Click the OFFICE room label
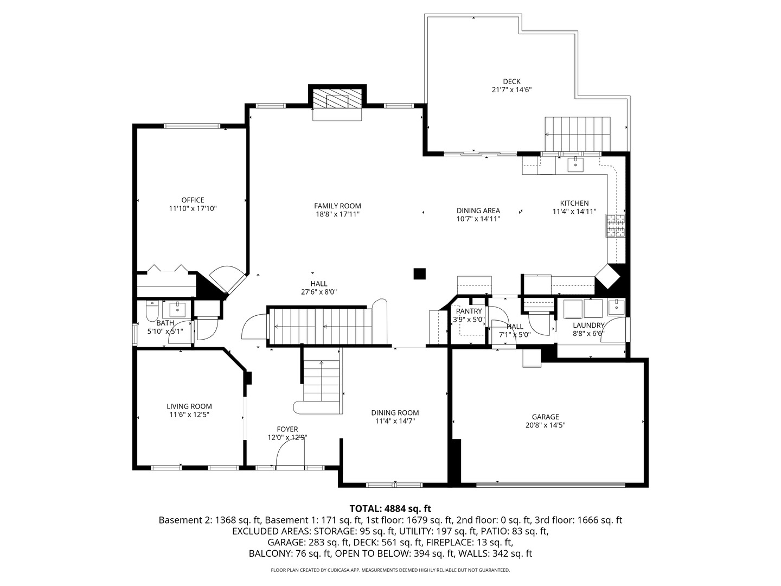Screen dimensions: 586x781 [193, 200]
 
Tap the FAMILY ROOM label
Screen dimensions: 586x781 [337, 206]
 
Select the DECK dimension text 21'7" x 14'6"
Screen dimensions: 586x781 [508, 90]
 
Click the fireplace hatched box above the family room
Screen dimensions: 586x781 [337, 100]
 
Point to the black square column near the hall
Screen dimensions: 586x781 [419, 273]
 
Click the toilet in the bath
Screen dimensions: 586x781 [151, 311]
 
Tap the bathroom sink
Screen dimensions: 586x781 [177, 309]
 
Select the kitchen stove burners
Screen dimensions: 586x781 [616, 226]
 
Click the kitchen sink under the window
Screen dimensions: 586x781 [575, 163]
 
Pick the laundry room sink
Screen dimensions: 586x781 [616, 307]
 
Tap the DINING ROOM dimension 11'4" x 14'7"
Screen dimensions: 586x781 [395, 421]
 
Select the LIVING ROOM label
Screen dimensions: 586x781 [189, 406]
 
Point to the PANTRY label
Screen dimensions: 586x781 [469, 311]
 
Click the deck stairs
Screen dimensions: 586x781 [578, 134]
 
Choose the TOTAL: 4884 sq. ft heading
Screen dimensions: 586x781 [390, 508]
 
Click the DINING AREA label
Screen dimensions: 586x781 [478, 211]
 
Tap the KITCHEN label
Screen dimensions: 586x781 [574, 203]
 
